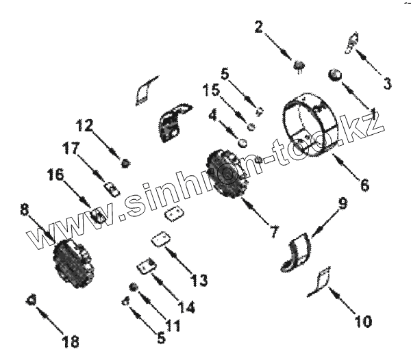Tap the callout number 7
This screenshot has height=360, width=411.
click(x=273, y=232)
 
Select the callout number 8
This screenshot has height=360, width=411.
click(x=25, y=210)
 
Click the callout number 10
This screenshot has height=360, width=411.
click(x=363, y=320)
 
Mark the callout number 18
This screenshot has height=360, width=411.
click(x=71, y=341)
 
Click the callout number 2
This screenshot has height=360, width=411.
click(x=258, y=27)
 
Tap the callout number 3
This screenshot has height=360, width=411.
click(x=387, y=84)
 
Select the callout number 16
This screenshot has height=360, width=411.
click(x=55, y=175)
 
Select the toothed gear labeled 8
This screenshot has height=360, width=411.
click(x=71, y=261)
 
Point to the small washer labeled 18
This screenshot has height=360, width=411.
click(x=31, y=299)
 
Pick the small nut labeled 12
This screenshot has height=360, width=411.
click(x=125, y=163)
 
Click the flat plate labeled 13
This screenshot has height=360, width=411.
click(x=162, y=239)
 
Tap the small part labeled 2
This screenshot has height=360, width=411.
click(x=300, y=65)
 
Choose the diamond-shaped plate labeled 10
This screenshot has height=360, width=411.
click(x=323, y=281)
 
